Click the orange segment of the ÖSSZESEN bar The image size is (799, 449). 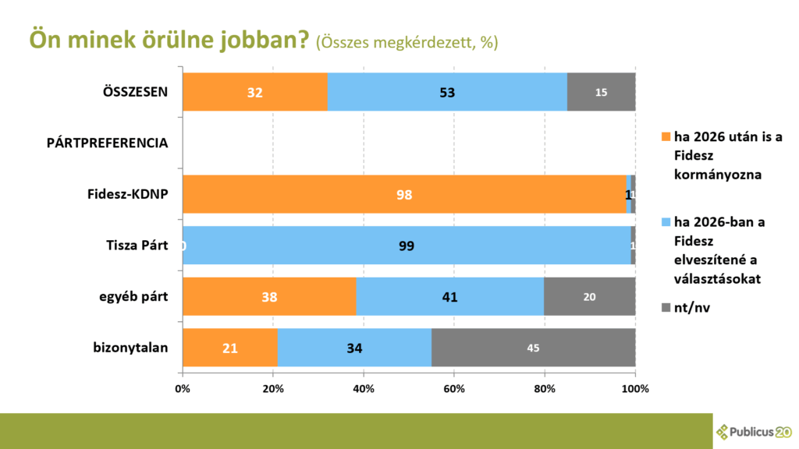point(255,92)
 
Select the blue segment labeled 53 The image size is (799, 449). point(447,92)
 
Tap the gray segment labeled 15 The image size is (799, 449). point(601,92)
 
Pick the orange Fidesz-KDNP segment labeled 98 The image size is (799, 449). point(403,194)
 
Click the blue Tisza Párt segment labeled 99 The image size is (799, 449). point(406,246)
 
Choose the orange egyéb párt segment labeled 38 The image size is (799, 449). point(269,297)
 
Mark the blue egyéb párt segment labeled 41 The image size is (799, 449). point(449,297)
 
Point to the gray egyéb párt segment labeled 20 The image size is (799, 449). point(589,297)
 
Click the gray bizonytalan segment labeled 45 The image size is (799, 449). point(533,348)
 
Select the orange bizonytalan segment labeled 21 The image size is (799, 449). point(229,348)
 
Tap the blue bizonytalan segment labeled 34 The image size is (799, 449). point(354,348)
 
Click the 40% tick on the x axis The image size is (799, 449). point(364,388)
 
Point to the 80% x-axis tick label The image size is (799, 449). point(545,388)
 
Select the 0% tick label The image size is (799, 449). point(183,388)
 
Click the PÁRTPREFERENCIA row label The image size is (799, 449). point(117,143)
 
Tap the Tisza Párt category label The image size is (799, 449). point(137,246)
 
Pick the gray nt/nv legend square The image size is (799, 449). point(666,308)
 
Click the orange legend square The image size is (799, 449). point(666,137)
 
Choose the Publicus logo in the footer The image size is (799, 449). point(754,431)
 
